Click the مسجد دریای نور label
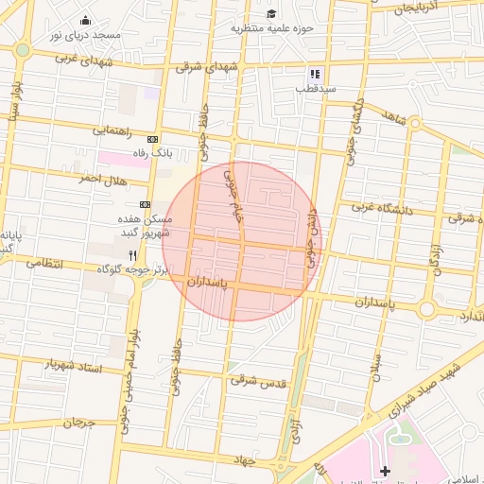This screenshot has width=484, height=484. click(x=86, y=35)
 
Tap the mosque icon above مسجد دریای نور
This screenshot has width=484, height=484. click(x=86, y=21)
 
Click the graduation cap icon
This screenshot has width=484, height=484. click(x=272, y=14)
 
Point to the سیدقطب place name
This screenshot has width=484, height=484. click(x=316, y=88)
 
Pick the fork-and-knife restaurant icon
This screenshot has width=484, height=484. click(x=132, y=255)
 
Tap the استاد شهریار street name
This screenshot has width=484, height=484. click(x=73, y=364)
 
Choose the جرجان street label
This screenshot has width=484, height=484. click(x=79, y=423)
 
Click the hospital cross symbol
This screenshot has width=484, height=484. click(x=384, y=471)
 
